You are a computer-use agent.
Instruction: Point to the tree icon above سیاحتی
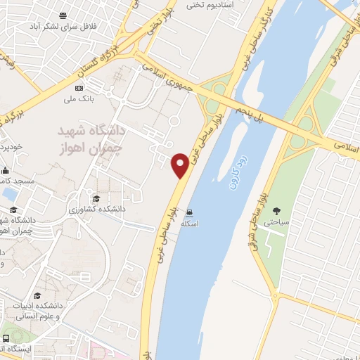(x=276, y=210)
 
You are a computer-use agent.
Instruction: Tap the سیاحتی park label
(x=276, y=221)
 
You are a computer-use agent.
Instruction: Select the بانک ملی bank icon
(x=79, y=88)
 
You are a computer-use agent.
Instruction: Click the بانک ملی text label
(x=79, y=99)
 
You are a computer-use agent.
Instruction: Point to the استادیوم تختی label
(x=214, y=5)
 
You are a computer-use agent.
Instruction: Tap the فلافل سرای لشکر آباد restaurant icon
(x=64, y=15)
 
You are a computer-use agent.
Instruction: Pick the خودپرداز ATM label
(x=13, y=146)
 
